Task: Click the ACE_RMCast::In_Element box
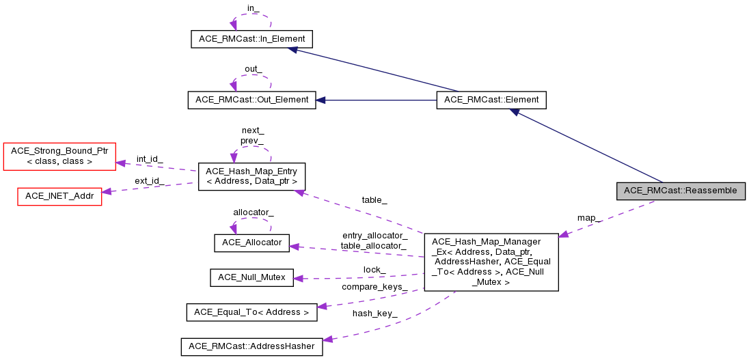coord(251,39)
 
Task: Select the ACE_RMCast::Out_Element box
coord(251,100)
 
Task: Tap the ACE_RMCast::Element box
coord(491,100)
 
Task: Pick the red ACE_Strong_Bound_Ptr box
coord(60,156)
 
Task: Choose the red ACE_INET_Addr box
coord(59,195)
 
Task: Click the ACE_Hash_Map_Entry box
coord(251,176)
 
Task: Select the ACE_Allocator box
coord(251,243)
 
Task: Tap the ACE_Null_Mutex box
coord(251,277)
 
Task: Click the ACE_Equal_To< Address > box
coord(251,312)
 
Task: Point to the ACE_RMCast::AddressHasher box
coord(251,346)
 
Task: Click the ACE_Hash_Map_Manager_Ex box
coord(491,262)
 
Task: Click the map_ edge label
coord(589,218)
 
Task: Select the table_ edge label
coord(374,200)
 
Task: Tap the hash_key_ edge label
coord(374,314)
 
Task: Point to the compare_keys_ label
coord(374,286)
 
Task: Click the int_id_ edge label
coord(150,158)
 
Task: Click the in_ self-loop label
coord(253,8)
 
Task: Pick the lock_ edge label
coord(374,270)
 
